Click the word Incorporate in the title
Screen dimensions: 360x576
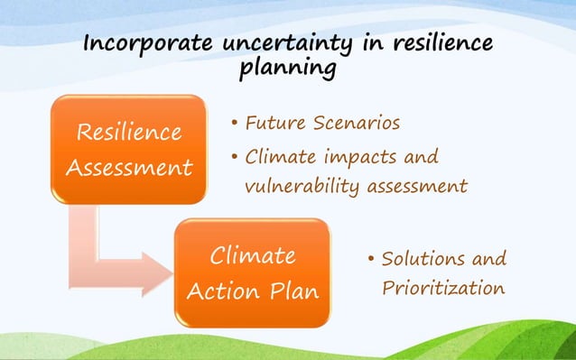pyautogui.click(x=143, y=44)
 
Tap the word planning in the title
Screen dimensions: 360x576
pyautogui.click(x=288, y=69)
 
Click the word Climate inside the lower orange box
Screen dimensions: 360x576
pyautogui.click(x=252, y=256)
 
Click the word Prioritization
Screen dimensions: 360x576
pyautogui.click(x=441, y=290)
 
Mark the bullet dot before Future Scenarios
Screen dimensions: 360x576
pyautogui.click(x=234, y=123)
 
